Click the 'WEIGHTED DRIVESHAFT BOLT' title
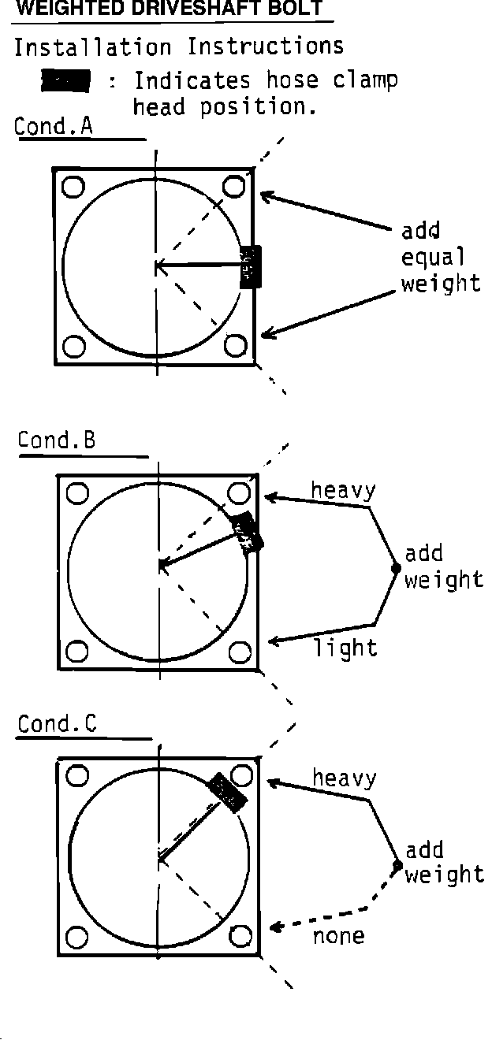point(169,9)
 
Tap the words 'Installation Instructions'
point(179,46)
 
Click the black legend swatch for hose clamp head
point(66,80)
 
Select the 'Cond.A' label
point(54,126)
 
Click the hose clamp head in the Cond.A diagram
point(250,267)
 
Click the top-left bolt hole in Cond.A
point(73,187)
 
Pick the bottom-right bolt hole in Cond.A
point(233,344)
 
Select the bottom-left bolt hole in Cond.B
point(77,652)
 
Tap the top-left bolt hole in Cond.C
point(77,775)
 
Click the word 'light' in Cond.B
point(345,648)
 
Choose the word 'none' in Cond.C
point(339,936)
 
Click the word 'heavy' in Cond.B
point(343,490)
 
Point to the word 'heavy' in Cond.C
point(345,778)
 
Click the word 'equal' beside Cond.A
point(433,257)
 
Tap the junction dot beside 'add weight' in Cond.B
point(396,567)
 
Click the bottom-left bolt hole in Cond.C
point(76,938)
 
